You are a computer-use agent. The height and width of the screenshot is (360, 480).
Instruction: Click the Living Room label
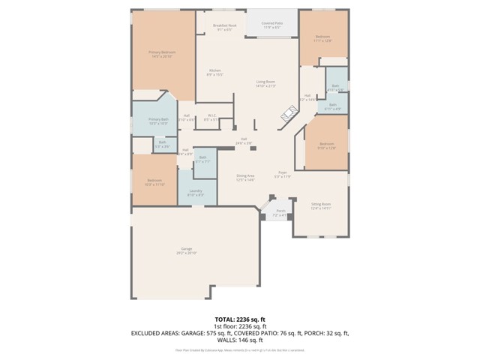tap(265, 84)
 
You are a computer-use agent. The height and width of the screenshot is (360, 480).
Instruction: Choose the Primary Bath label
tap(157, 121)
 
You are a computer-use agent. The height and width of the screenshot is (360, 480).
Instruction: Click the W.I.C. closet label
tap(211, 117)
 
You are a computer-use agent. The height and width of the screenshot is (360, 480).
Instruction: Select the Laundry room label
tap(196, 193)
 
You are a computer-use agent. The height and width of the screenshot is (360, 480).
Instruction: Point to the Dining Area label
tap(245, 178)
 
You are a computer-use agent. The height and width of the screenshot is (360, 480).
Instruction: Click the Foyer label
tap(282, 175)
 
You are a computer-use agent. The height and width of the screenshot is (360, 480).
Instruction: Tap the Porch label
tap(280, 212)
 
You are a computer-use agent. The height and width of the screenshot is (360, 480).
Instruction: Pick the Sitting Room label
tap(321, 205)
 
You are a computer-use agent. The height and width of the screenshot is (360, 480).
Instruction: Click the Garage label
tap(186, 250)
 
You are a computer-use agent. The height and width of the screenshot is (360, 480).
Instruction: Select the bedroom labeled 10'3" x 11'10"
tap(154, 182)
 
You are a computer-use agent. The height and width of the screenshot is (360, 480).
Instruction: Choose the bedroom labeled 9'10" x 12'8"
tap(326, 145)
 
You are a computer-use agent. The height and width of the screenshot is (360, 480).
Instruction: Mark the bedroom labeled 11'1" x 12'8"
tap(323, 38)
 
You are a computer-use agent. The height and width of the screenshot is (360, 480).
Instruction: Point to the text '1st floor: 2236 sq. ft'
tap(240, 326)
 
